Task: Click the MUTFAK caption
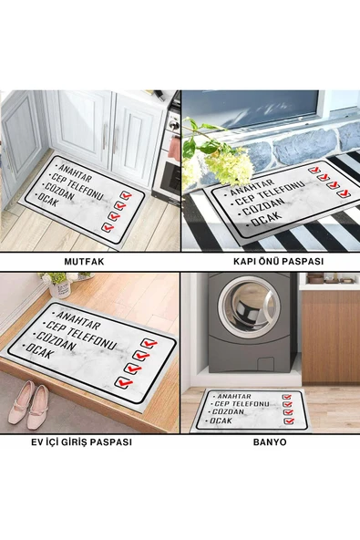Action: [x=84, y=262]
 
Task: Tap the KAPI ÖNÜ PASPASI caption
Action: [x=279, y=262]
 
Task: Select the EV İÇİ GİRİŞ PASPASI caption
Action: [x=81, y=441]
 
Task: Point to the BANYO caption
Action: [x=270, y=442]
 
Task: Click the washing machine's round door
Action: [x=249, y=306]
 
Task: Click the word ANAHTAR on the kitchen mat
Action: [x=76, y=173]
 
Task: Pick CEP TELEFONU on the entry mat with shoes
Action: [x=81, y=335]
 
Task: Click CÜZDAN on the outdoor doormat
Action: [x=263, y=207]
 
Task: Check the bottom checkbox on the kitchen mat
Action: [x=108, y=227]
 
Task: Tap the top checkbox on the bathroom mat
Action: [x=287, y=397]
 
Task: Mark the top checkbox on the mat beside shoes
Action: [x=149, y=343]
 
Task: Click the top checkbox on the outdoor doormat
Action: [x=314, y=170]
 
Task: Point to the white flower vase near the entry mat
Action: [x=60, y=288]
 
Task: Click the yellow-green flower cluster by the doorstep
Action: [x=229, y=166]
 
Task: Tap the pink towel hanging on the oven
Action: [x=174, y=149]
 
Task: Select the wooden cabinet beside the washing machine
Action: [x=331, y=337]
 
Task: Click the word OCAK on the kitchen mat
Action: [x=46, y=200]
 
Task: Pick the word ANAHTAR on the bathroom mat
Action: [x=234, y=397]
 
